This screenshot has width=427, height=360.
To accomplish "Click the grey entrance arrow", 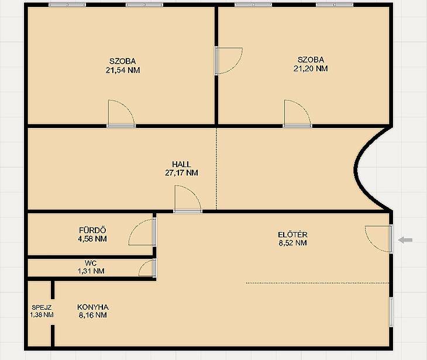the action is pos(405,240).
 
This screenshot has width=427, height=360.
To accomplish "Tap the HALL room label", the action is pos(181,164).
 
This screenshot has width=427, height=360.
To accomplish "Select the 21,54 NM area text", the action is pos(123,70).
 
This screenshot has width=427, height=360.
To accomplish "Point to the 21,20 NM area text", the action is pos(311,68).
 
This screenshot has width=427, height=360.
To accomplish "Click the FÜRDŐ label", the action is pos(92,230).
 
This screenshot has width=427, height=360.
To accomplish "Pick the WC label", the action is pos(91,264).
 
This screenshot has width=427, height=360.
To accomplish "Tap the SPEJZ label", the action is pos(42,307).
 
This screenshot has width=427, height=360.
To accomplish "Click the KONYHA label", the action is pos(93,307).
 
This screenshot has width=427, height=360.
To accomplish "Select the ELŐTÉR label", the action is pos(292,234).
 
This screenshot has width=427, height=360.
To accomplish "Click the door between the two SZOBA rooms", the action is pos(228,61).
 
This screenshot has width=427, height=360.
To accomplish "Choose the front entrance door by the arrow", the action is pos(378,238).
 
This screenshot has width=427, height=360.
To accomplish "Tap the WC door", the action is pos(147,268).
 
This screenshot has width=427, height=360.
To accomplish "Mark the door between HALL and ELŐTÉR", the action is pos(188,199).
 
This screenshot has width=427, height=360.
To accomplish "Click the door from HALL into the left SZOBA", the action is pos(121,114).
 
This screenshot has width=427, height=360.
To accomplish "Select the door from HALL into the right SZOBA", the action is pos(297,114).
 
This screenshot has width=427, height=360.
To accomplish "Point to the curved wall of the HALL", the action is pos(356,169).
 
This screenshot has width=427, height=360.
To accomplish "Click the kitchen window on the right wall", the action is pos(391,312).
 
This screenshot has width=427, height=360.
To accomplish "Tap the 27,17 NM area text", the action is pos(181,173).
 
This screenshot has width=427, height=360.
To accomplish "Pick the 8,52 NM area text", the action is pos(292,243).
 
